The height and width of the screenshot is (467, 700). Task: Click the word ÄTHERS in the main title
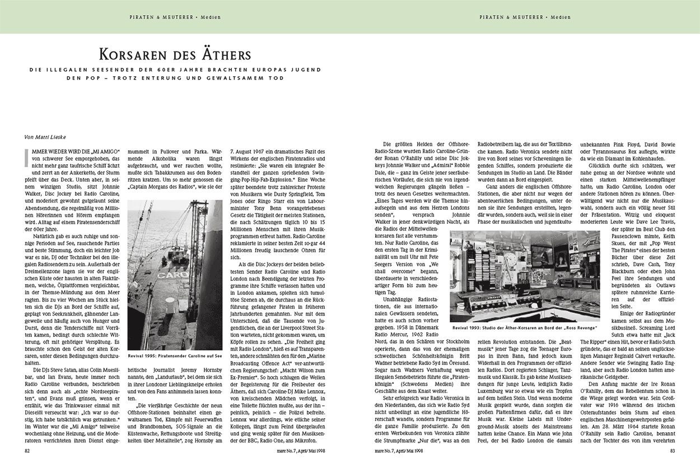point(221,55)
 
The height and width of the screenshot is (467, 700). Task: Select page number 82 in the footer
point(27,450)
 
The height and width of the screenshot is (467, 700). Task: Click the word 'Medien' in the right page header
point(560,17)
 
